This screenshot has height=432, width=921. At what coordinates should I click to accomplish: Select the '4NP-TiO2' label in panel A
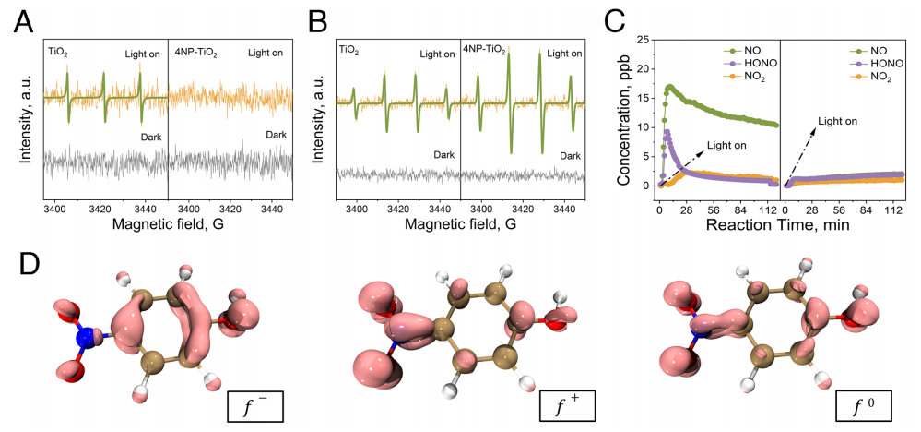click(197, 54)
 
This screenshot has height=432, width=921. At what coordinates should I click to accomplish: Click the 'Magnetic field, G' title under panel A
click(168, 223)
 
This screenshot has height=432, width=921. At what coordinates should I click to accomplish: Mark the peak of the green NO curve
click(668, 87)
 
